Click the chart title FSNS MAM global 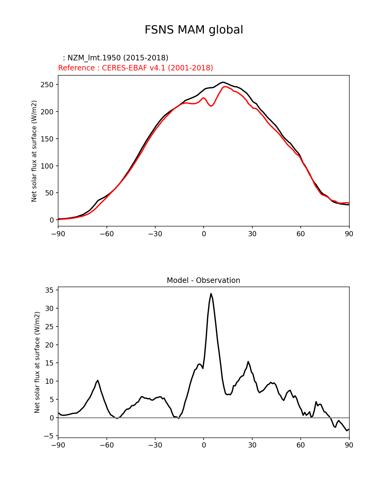(x=194, y=30)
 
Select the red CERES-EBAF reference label (x=135, y=68)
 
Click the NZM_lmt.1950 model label (x=116, y=58)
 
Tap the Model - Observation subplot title (x=203, y=280)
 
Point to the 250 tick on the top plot (x=47, y=85)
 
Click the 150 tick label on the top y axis (x=47, y=139)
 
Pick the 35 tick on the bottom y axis (x=49, y=290)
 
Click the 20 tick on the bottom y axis (x=49, y=345)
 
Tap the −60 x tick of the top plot (x=107, y=234)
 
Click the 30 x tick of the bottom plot (x=252, y=445)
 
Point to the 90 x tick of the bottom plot (x=349, y=445)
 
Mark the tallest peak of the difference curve (x=211, y=294)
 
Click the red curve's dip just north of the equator (x=211, y=106)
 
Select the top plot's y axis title (x=34, y=151)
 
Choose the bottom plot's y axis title (x=37, y=362)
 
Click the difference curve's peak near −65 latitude (x=98, y=380)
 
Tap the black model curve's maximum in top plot (x=223, y=82)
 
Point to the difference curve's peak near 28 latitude (x=248, y=362)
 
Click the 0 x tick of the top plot (x=204, y=234)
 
